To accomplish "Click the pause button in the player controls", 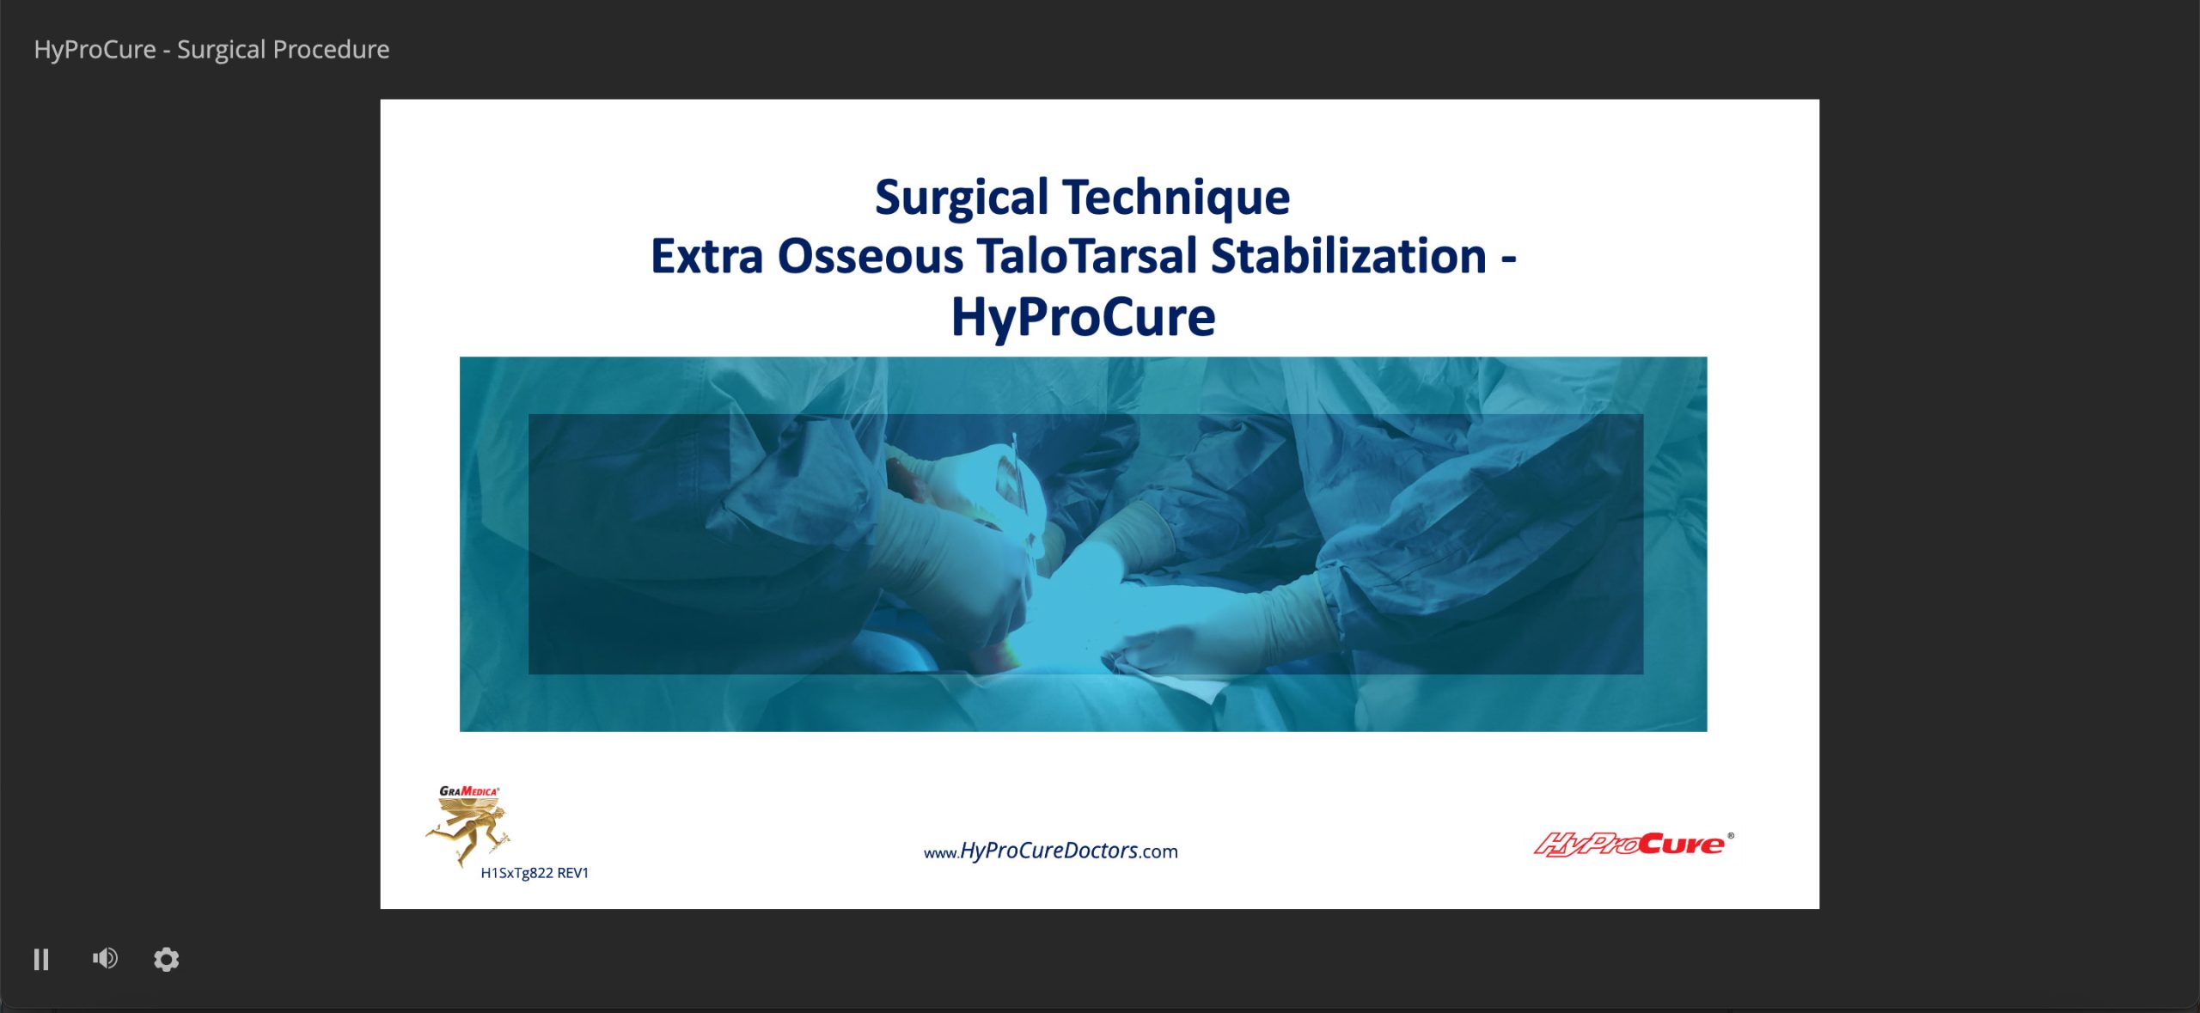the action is click(41, 959).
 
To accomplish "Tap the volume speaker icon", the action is click(105, 958).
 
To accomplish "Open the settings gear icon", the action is click(166, 959).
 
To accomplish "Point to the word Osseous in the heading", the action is click(870, 256).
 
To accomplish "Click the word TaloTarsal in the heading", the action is click(1087, 256).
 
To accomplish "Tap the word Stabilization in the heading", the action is click(1349, 256).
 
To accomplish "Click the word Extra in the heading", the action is click(706, 256).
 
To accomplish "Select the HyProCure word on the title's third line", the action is click(1083, 318).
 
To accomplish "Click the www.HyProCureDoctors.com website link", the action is click(1050, 851).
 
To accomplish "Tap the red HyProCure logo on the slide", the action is click(1629, 844).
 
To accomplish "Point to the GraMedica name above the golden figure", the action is click(468, 791).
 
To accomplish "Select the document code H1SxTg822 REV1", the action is click(535, 873).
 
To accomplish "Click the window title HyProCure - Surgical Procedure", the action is click(211, 49).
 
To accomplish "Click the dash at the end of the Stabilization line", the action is click(1509, 259).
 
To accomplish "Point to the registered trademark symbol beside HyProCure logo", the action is click(1731, 835).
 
